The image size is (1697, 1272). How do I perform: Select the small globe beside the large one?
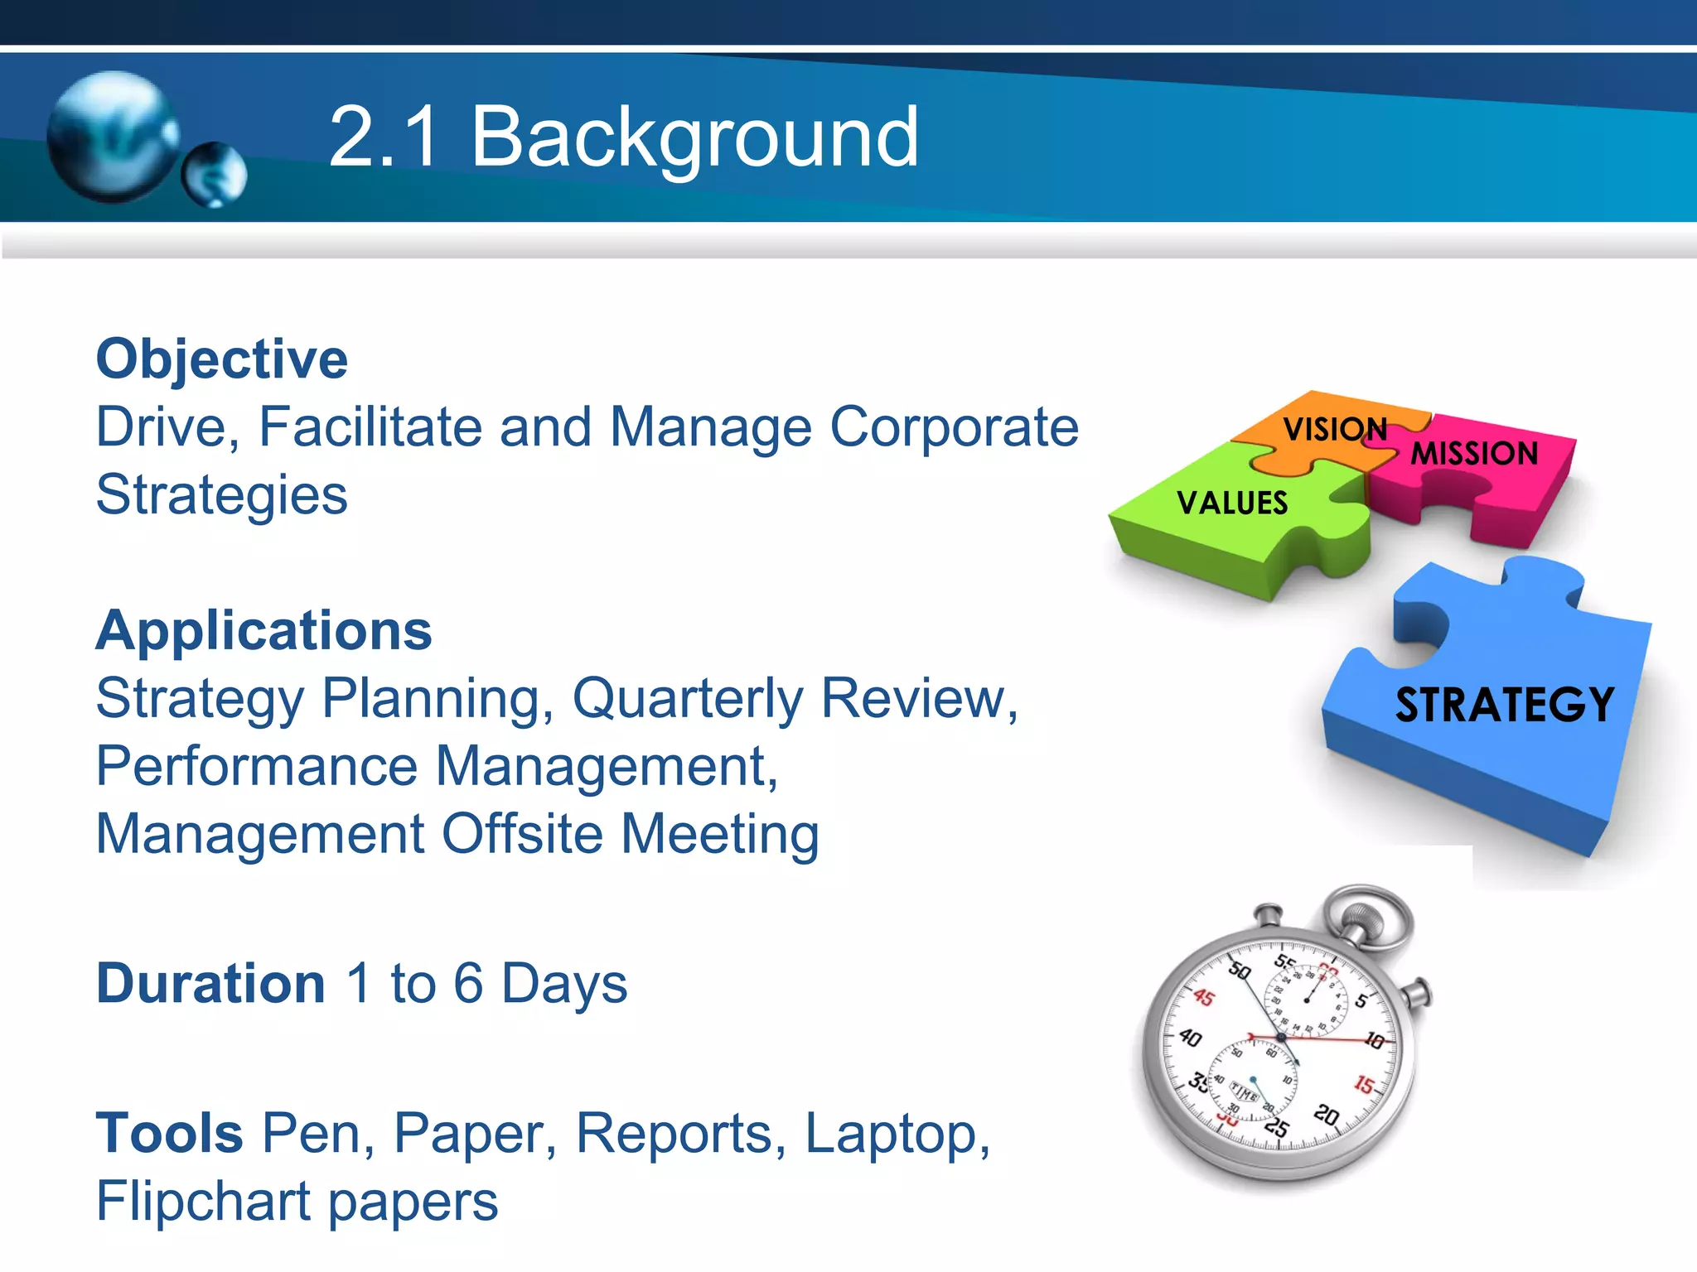coord(215,174)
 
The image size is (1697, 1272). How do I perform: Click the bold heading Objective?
coord(221,359)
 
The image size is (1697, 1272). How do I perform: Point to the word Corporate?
coord(954,427)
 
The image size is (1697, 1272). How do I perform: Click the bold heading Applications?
coord(263,631)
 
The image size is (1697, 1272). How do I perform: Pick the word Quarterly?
coord(687,699)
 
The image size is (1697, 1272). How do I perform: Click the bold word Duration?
coord(210,984)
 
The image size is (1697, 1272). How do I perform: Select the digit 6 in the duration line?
coord(468,984)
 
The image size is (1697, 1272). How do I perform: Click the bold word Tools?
coord(169,1133)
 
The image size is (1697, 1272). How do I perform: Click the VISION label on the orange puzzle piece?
coord(1334,429)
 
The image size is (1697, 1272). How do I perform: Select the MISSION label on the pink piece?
coord(1474,454)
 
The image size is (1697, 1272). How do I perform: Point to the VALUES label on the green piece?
coord(1232,503)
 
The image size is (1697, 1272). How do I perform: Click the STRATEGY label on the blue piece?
coord(1504,705)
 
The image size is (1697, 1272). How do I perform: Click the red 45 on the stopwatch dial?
coord(1203,997)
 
